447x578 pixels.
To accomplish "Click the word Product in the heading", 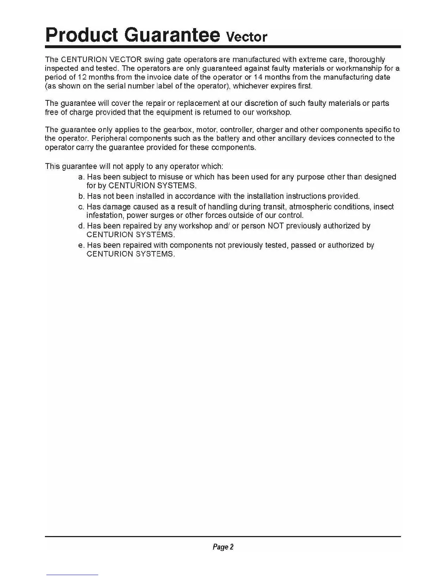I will point(81,35).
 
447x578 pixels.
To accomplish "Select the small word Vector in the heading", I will point(247,37).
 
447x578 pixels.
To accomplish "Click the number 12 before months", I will point(82,77).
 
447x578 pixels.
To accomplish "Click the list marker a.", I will point(81,177).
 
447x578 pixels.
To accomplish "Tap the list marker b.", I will point(81,196).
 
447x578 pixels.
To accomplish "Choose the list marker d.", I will point(81,226).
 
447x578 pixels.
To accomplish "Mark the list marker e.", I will point(81,245).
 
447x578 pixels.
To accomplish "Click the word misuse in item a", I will point(171,177).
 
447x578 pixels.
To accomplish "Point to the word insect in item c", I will point(383,207).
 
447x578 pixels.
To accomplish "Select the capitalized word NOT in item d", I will point(276,226).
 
